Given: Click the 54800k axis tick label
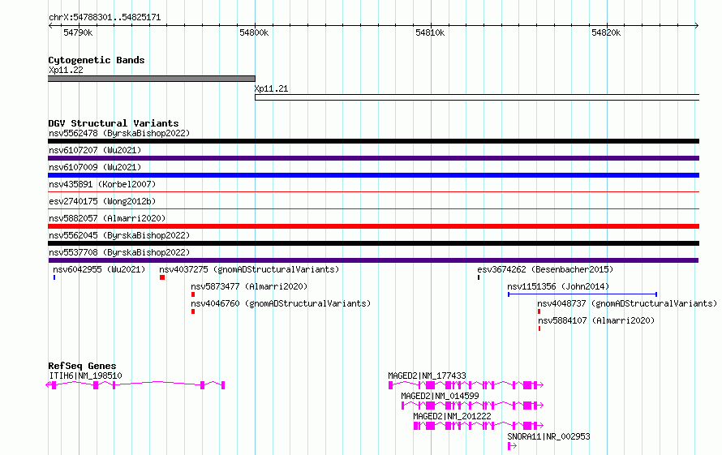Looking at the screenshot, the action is (x=254, y=32).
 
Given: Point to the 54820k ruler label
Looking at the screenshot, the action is (x=606, y=32).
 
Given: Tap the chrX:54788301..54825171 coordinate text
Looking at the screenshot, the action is (x=105, y=18).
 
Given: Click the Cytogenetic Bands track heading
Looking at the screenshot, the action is (x=97, y=60).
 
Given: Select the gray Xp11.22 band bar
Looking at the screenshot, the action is (x=152, y=79).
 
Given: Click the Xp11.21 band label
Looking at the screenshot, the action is (x=271, y=88).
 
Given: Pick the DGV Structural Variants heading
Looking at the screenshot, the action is (x=114, y=123).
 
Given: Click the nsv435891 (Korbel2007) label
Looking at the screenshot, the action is (x=102, y=184).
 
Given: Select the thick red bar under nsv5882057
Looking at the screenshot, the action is (x=373, y=226).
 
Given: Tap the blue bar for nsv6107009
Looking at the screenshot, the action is (x=373, y=175).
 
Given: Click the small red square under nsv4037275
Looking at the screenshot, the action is (x=162, y=277).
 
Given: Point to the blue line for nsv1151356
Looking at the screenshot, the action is (x=582, y=294).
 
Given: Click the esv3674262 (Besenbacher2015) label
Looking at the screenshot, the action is (x=545, y=269).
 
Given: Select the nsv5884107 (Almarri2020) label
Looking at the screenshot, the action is (x=596, y=320).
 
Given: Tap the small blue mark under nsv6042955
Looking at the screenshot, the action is (x=54, y=277).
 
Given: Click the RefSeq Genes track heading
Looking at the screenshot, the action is (x=82, y=366).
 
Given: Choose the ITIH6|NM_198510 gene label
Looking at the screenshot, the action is (x=85, y=376).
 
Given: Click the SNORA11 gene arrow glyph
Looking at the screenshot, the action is (x=512, y=446).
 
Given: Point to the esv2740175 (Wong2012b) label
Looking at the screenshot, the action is (x=102, y=201).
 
